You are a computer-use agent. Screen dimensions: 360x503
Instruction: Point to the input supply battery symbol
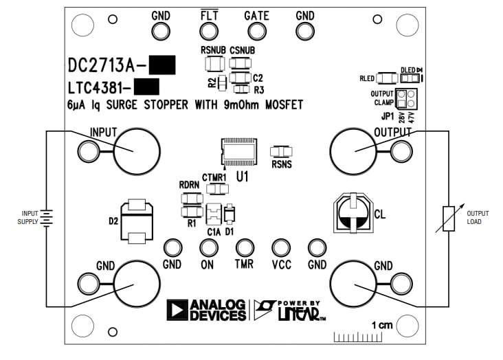pyautogui.click(x=45, y=218)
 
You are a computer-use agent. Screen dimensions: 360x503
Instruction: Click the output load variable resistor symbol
pyautogui.click(x=448, y=218)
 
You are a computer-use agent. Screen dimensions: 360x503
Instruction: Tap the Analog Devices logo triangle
pyautogui.click(x=177, y=310)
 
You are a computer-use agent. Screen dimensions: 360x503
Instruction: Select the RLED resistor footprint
pyautogui.click(x=387, y=78)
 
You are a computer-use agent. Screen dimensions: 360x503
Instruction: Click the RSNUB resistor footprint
pyautogui.click(x=214, y=64)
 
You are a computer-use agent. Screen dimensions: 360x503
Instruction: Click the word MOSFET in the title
pyautogui.click(x=278, y=105)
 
